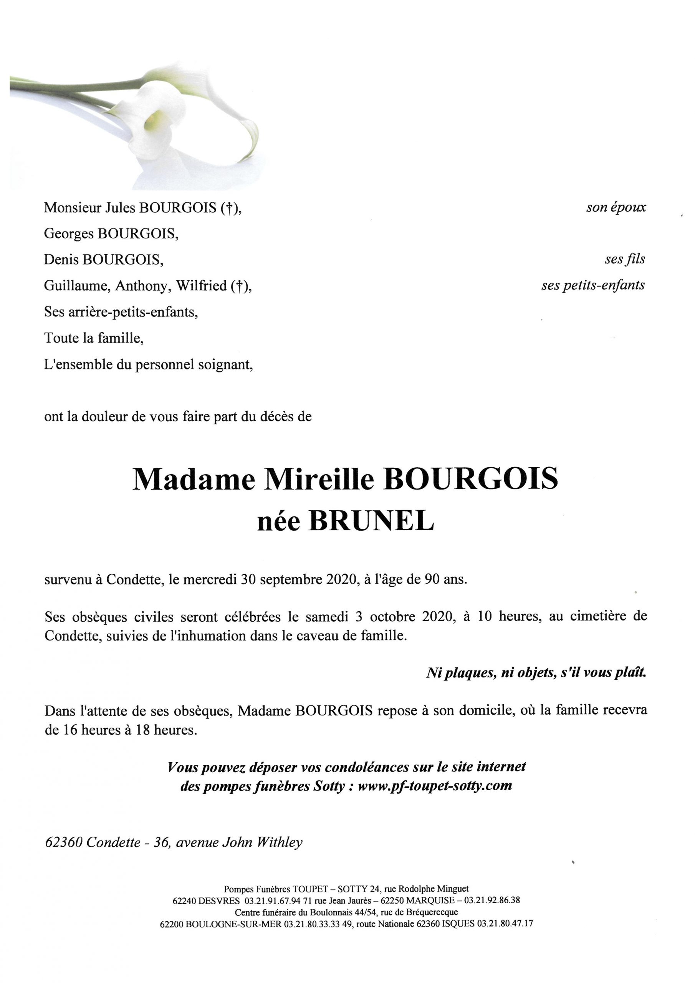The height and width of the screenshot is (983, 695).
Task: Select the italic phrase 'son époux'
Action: click(x=616, y=208)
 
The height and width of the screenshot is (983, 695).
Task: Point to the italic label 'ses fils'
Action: click(x=624, y=260)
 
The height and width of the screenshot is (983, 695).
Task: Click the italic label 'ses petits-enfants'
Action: click(x=592, y=286)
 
